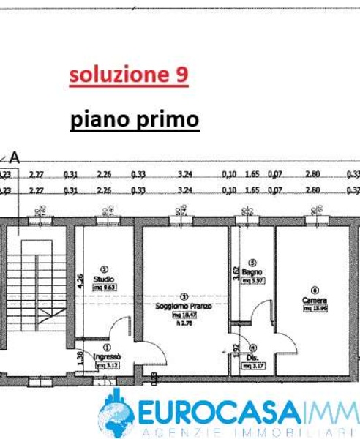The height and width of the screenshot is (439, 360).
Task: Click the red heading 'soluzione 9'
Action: [x=129, y=75]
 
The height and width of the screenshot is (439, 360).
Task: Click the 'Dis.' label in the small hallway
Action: [x=253, y=357]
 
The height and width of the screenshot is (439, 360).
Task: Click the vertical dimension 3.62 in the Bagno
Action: [x=236, y=274]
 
